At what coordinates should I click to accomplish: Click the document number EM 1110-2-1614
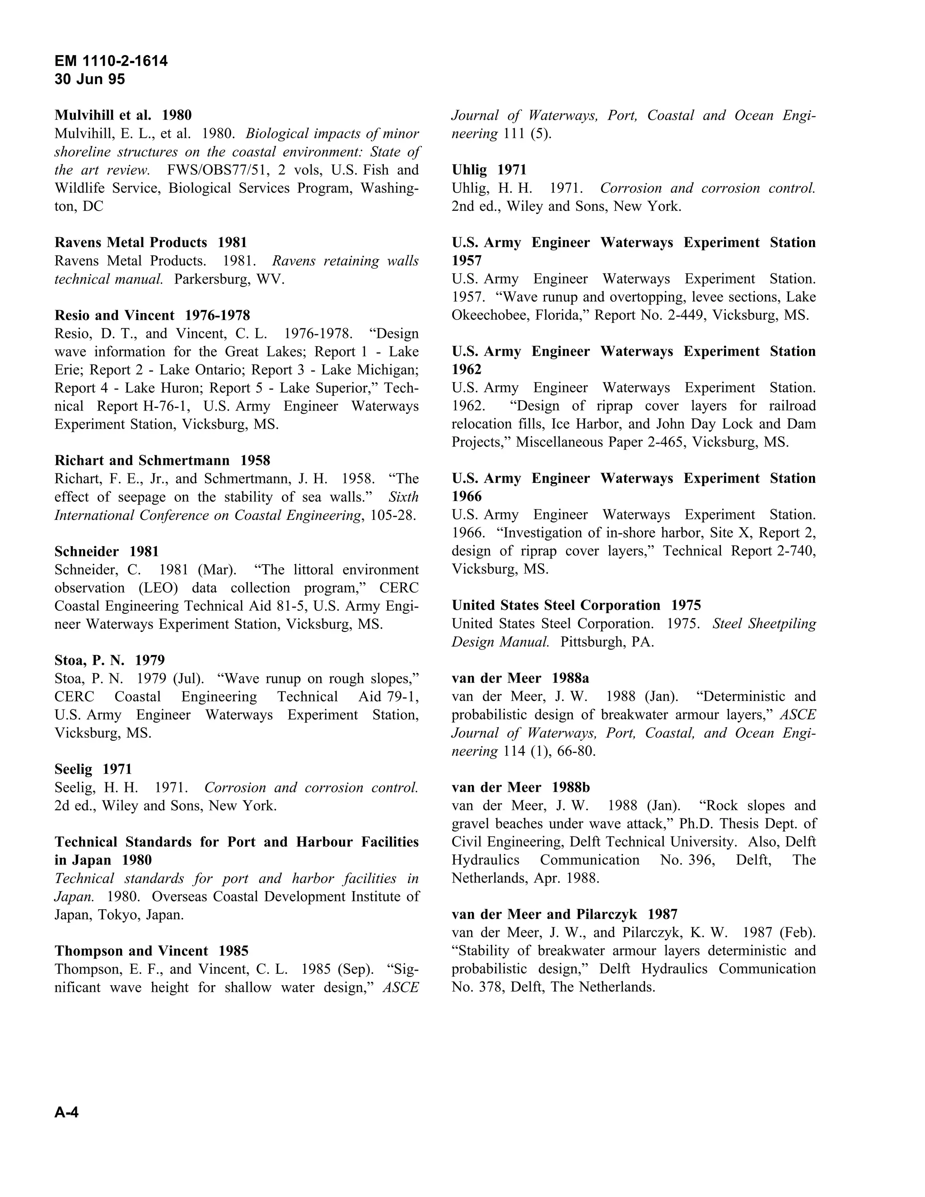click(x=111, y=61)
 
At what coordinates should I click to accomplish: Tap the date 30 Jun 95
click(x=90, y=79)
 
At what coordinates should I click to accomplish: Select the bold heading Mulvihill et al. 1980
click(x=123, y=115)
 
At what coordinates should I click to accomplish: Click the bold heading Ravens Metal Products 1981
click(x=151, y=242)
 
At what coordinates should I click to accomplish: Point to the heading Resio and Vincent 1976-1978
click(x=152, y=315)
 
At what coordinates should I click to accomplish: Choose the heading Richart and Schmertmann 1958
click(x=162, y=460)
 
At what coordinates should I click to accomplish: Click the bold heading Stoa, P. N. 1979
click(x=110, y=660)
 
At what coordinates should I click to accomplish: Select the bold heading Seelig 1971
click(x=93, y=769)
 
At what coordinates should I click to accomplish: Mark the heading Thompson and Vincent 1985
click(x=151, y=951)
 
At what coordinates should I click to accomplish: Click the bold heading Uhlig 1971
click(x=489, y=170)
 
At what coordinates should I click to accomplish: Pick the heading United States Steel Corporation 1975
click(x=576, y=605)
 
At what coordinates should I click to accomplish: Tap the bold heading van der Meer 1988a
click(x=520, y=678)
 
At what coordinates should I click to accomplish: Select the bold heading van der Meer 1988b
click(x=521, y=787)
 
